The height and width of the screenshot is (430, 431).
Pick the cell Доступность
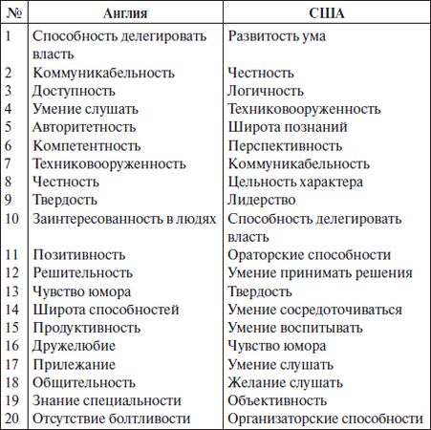pyautogui.click(x=74, y=91)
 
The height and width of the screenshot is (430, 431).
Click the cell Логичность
pyautogui.click(x=270, y=91)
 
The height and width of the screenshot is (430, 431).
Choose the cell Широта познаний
pyautogui.click(x=288, y=127)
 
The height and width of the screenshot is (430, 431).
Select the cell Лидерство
pyautogui.click(x=267, y=200)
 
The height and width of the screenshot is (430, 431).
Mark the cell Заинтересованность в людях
pyautogui.click(x=127, y=218)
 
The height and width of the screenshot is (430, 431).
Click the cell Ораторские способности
pyautogui.click(x=310, y=255)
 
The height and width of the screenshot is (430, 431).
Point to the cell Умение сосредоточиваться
pyautogui.click(x=315, y=310)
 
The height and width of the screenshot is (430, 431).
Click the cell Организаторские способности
pyautogui.click(x=325, y=419)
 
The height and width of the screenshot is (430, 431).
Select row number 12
pyautogui.click(x=11, y=273)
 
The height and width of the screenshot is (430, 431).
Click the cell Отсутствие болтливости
pyautogui.click(x=112, y=419)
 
